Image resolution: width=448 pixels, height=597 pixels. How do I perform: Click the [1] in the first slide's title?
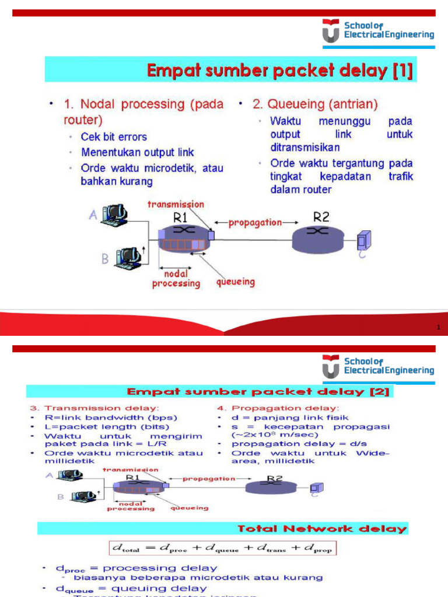[x=402, y=72]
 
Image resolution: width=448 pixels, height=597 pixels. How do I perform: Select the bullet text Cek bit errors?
[x=114, y=137]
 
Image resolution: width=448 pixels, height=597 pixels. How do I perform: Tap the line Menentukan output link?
[x=137, y=153]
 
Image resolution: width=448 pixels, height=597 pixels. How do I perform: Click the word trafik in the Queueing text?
[x=400, y=177]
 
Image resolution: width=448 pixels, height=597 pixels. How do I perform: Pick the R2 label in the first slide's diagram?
[x=321, y=217]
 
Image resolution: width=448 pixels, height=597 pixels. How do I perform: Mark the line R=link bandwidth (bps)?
[x=111, y=417]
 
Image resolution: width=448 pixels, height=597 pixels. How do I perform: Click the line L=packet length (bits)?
[x=111, y=427]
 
